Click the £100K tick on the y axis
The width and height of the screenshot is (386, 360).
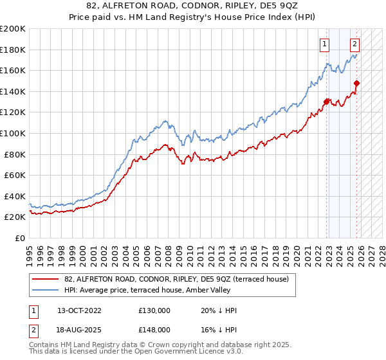(13, 133)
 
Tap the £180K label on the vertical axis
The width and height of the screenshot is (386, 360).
(13, 50)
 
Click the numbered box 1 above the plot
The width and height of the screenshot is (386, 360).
(324, 44)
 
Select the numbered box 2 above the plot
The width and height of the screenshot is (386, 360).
(354, 44)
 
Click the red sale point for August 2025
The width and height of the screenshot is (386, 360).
(357, 83)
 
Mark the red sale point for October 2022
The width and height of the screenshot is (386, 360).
(327, 101)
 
